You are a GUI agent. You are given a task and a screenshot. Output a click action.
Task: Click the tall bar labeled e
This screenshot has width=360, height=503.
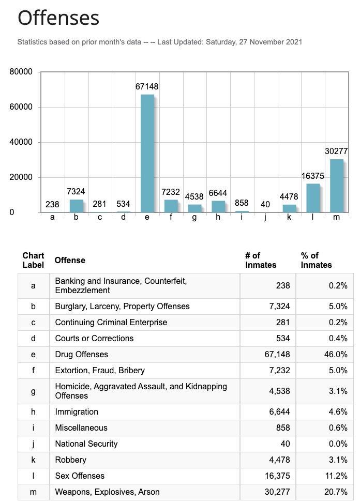[x=147, y=154]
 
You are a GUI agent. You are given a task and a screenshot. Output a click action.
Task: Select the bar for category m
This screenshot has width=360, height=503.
[x=336, y=186]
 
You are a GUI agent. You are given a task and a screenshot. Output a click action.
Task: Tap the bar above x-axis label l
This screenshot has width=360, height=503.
[x=313, y=198]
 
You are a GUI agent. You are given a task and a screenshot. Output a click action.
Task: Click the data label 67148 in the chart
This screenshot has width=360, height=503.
[x=147, y=87]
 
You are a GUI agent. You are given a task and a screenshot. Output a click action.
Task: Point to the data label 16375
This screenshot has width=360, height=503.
[x=313, y=176]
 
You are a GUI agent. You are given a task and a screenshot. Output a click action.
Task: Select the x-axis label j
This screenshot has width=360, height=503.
[x=265, y=218]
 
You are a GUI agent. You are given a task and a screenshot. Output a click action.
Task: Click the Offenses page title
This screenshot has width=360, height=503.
[x=58, y=19]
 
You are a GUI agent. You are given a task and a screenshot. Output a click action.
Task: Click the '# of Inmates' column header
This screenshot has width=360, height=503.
[x=261, y=260]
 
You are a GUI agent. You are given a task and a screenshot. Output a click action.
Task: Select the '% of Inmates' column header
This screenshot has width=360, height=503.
[x=317, y=260]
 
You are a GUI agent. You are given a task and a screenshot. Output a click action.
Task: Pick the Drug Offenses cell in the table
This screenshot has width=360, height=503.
[x=82, y=354]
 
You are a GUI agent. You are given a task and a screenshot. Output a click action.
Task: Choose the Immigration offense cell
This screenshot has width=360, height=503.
[x=77, y=412]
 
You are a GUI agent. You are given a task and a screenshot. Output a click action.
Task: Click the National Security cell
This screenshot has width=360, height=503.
[x=86, y=444]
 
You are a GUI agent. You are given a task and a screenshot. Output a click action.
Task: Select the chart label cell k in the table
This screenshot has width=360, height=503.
[x=34, y=460]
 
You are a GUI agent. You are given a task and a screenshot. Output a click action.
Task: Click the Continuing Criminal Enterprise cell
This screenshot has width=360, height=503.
[x=111, y=322]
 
